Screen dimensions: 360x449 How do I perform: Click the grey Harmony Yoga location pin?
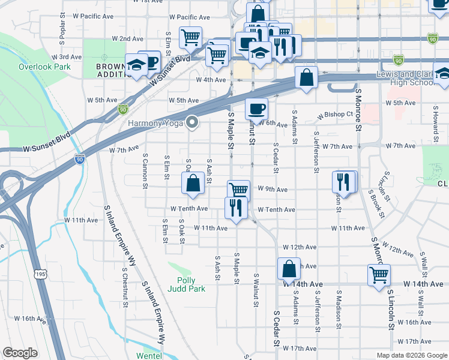[193, 122]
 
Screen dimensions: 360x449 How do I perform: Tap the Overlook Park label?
[41, 67]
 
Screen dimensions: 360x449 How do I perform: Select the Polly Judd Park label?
[191, 284]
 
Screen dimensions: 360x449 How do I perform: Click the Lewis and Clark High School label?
[405, 77]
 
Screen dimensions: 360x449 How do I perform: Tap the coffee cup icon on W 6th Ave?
[256, 109]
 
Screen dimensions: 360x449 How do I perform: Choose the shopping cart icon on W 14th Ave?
[379, 276]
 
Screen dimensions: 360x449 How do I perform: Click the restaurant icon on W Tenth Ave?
[235, 208]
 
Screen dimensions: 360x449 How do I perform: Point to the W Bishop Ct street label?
[336, 113]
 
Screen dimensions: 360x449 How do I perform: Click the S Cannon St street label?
[145, 170]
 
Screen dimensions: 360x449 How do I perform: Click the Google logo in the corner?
[20, 353]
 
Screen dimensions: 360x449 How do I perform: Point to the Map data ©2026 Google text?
[411, 355]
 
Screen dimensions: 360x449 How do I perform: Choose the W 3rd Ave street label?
[66, 57]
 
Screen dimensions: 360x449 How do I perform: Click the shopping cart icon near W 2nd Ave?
[190, 38]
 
